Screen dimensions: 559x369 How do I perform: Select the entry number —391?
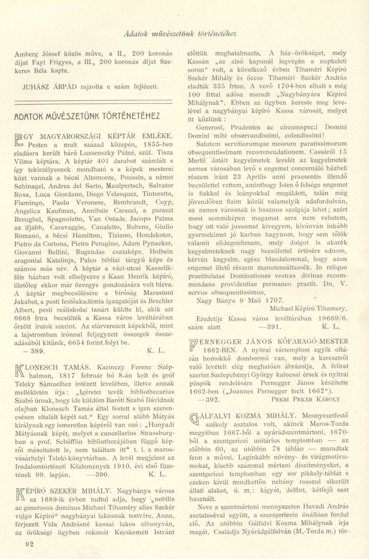[270, 326]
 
